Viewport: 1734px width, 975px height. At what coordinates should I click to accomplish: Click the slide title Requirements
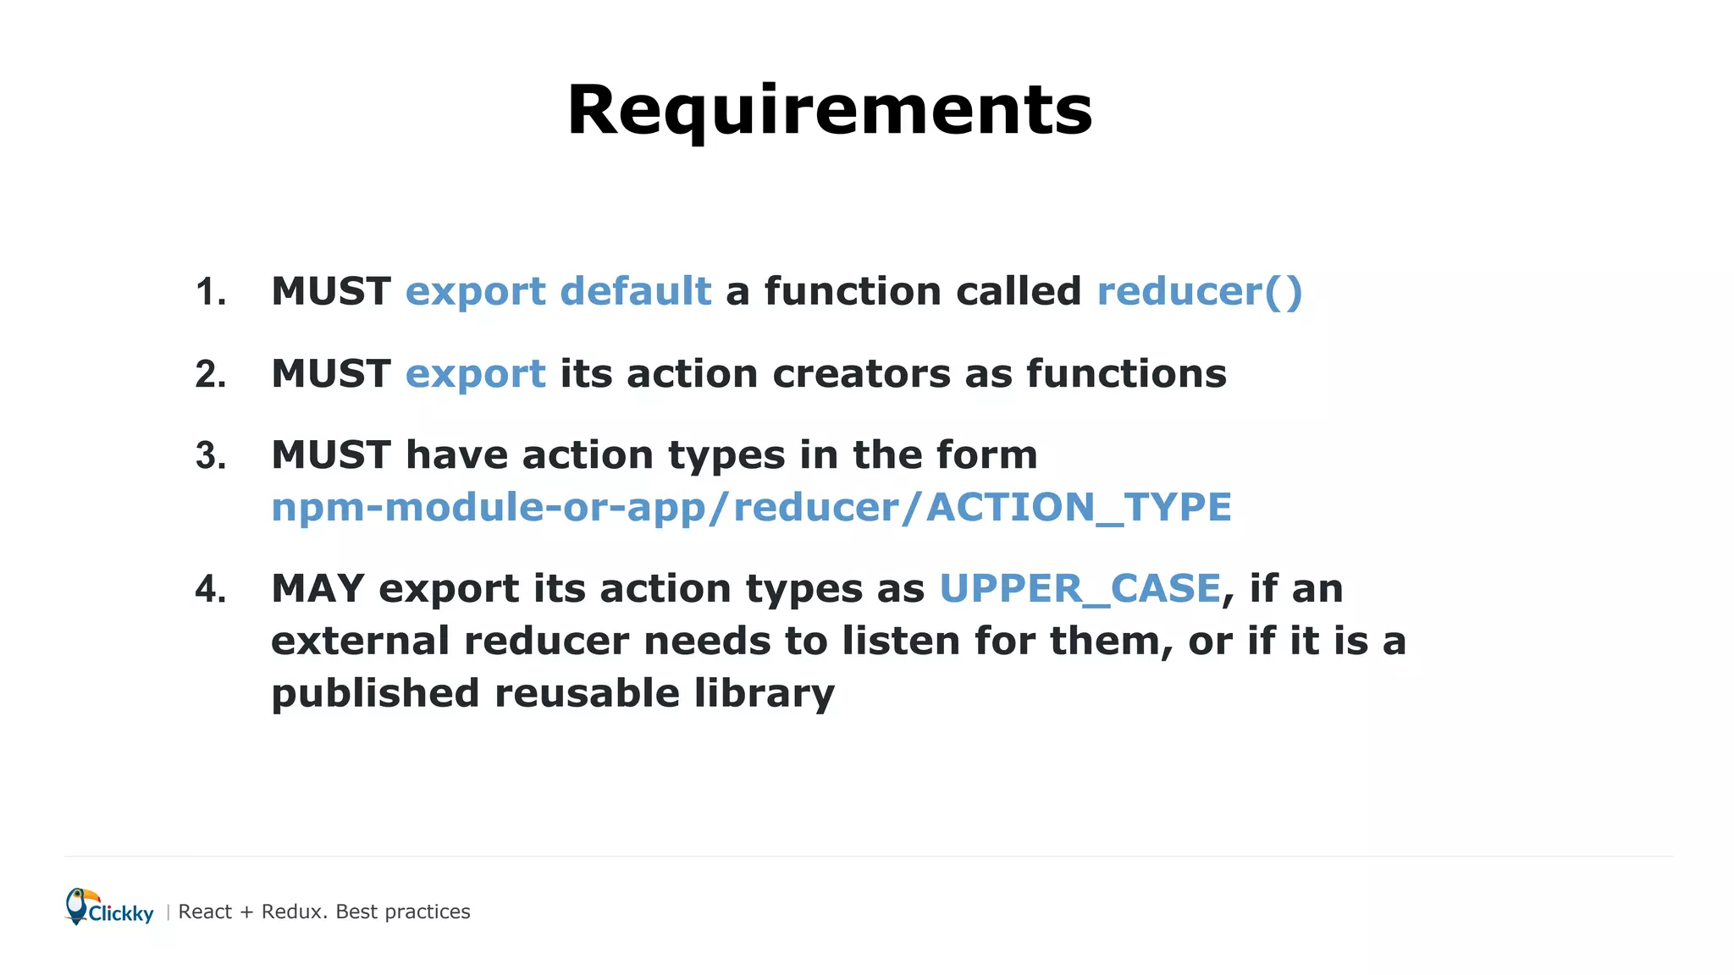[x=830, y=110]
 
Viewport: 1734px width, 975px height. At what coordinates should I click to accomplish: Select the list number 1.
[x=211, y=293]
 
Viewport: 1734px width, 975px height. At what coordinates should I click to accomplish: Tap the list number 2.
[x=211, y=375]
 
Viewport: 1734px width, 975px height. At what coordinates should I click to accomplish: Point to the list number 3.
[x=211, y=457]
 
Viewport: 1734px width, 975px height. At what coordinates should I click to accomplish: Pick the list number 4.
[x=211, y=590]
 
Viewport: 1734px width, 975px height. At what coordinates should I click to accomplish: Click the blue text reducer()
[x=1199, y=292]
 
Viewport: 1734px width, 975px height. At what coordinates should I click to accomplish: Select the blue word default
[x=635, y=291]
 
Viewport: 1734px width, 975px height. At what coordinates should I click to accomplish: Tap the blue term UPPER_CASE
[x=1080, y=589]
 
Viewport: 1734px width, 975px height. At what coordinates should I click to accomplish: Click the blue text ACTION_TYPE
[x=1079, y=508]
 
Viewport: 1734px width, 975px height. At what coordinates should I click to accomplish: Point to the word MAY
[x=318, y=589]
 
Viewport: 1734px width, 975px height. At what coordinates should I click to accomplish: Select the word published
[x=375, y=694]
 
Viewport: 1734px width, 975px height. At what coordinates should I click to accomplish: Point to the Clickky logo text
[x=121, y=914]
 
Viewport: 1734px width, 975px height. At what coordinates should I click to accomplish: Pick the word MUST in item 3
[x=331, y=455]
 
